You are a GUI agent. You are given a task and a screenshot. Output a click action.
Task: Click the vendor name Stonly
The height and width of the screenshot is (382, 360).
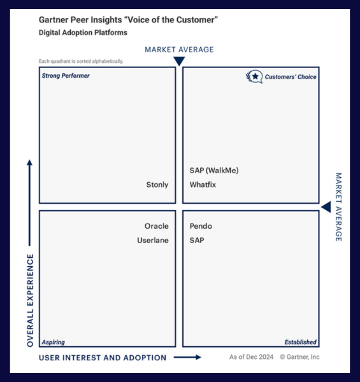pos(157,185)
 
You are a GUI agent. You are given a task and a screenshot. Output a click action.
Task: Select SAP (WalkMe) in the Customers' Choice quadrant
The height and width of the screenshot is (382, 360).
pos(214,170)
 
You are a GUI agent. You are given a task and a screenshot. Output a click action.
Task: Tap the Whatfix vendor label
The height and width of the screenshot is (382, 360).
pos(203,185)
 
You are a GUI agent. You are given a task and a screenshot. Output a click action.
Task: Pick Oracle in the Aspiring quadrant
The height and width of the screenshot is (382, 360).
pos(157,226)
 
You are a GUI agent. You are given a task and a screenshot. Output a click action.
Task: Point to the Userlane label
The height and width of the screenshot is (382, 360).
pos(153,240)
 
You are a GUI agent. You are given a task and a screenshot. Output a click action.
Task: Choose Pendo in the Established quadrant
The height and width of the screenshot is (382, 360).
pos(201,226)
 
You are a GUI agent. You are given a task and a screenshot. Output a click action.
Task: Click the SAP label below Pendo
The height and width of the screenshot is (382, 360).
pos(197,240)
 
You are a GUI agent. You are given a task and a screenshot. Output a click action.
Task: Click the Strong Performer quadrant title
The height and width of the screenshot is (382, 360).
pos(66,76)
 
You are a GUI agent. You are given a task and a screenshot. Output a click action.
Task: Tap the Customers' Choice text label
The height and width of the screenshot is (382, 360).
pos(291,77)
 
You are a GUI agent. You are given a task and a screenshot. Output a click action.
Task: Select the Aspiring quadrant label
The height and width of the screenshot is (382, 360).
pos(53,342)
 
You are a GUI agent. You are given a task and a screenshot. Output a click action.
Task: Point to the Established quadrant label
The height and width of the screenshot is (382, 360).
pos(301,342)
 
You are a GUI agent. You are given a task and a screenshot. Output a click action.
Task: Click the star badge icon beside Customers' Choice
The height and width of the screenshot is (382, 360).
pos(254,77)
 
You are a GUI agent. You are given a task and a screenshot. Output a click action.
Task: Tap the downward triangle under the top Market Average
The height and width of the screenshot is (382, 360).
pos(179,61)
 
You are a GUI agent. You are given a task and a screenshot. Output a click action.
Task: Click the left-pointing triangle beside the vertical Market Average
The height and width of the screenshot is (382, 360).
pos(326,207)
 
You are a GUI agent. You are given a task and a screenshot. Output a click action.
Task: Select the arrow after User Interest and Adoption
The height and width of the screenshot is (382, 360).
pos(187,357)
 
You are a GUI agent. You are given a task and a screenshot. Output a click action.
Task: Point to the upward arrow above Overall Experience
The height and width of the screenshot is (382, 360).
pos(29,202)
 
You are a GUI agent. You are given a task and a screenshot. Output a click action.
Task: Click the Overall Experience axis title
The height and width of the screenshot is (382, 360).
pos(30,301)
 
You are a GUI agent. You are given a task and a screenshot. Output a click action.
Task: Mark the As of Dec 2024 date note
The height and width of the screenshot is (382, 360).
pos(251,357)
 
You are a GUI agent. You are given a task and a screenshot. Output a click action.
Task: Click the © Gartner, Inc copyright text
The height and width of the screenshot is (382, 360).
pos(299,357)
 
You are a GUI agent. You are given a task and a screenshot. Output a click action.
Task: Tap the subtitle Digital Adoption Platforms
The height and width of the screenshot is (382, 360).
pos(83,32)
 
